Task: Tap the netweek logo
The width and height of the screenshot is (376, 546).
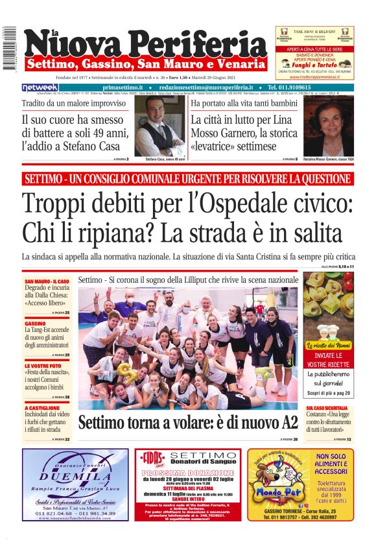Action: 40,88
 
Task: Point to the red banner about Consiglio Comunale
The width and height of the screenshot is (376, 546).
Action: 187,178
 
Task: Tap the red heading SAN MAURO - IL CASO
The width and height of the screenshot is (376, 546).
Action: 42,281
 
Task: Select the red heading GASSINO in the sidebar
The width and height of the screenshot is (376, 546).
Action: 35,323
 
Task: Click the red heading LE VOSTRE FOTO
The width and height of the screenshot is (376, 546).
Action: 43,366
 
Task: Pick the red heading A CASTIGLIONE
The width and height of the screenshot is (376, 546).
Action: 42,408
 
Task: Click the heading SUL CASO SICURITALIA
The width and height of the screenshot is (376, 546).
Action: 329,408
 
